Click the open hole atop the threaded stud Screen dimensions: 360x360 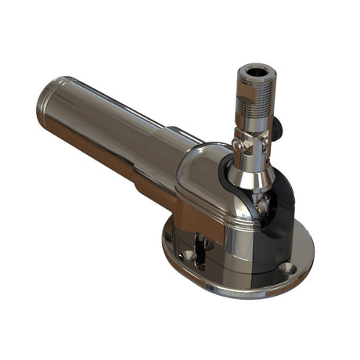255,73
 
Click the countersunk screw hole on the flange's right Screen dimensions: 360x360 287,267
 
